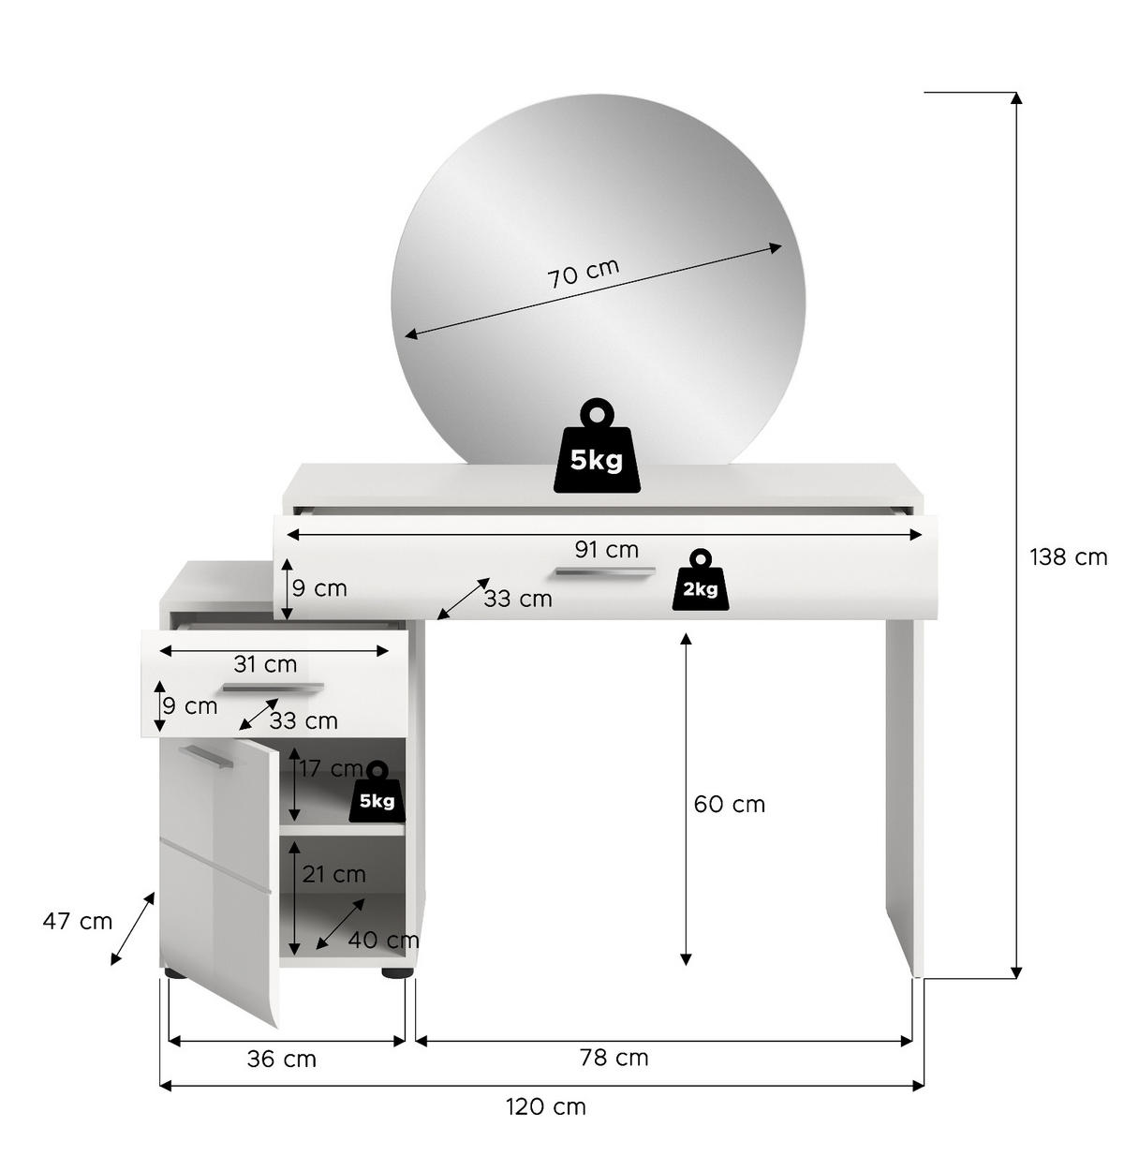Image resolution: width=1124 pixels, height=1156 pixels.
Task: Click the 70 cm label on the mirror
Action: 584,273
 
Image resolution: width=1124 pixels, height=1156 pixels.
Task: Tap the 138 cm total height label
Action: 1068,557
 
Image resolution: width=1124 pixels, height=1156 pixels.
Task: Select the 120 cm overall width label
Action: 546,1106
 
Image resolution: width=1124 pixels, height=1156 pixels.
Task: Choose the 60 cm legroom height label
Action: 730,805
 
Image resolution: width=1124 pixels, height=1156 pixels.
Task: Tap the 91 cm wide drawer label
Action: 607,550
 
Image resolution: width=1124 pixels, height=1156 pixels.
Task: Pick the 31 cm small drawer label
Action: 265,664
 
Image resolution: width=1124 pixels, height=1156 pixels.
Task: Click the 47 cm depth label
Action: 77,922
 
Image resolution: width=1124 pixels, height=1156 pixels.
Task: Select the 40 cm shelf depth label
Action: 384,940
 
